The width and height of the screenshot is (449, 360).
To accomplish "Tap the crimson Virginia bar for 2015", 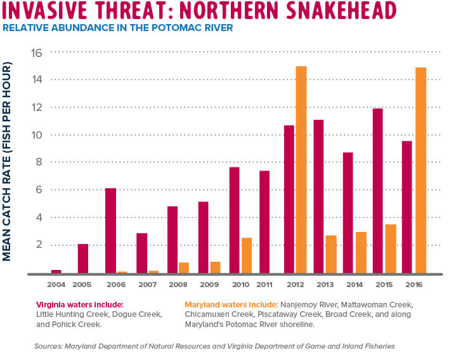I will point(378,190).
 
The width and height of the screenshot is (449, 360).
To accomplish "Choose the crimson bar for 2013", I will point(318,196).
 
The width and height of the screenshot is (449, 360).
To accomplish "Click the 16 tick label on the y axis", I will point(36,53).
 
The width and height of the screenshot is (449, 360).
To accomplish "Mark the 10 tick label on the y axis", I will point(36,135).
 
